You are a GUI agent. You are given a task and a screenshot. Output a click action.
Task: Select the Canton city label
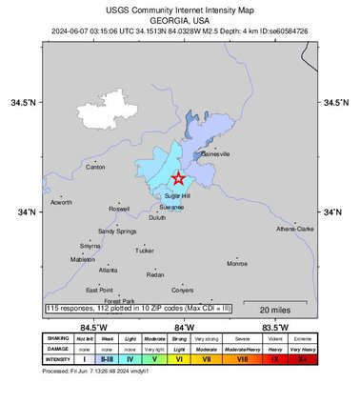[x=95, y=167]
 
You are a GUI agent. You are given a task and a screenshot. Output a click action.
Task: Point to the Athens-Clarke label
[x=294, y=229]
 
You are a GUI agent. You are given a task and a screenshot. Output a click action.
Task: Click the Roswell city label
[x=119, y=208]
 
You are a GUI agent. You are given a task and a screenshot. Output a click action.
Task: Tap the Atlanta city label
[x=108, y=271]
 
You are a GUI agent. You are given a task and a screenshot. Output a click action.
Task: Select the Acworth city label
[x=61, y=202]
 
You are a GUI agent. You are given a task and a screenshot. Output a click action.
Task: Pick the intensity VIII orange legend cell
[x=243, y=360]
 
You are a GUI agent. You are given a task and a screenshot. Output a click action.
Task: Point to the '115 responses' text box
[x=133, y=309]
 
